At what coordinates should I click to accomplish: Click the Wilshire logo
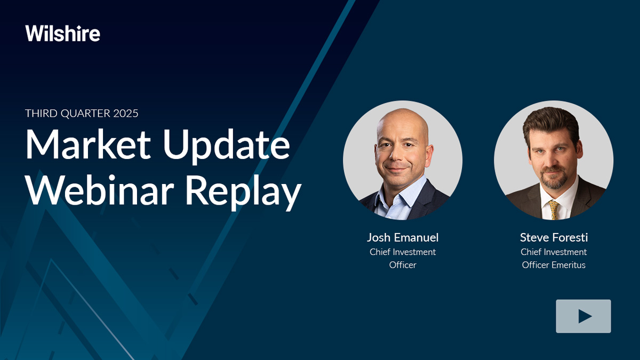62,34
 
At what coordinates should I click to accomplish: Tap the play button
583,316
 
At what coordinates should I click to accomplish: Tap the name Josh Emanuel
402,237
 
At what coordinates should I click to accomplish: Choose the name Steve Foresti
554,237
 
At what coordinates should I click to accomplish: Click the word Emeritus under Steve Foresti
570,265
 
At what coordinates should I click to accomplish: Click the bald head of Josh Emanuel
403,123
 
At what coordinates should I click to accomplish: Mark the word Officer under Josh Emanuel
403,265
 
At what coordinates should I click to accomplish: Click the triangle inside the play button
585,316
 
